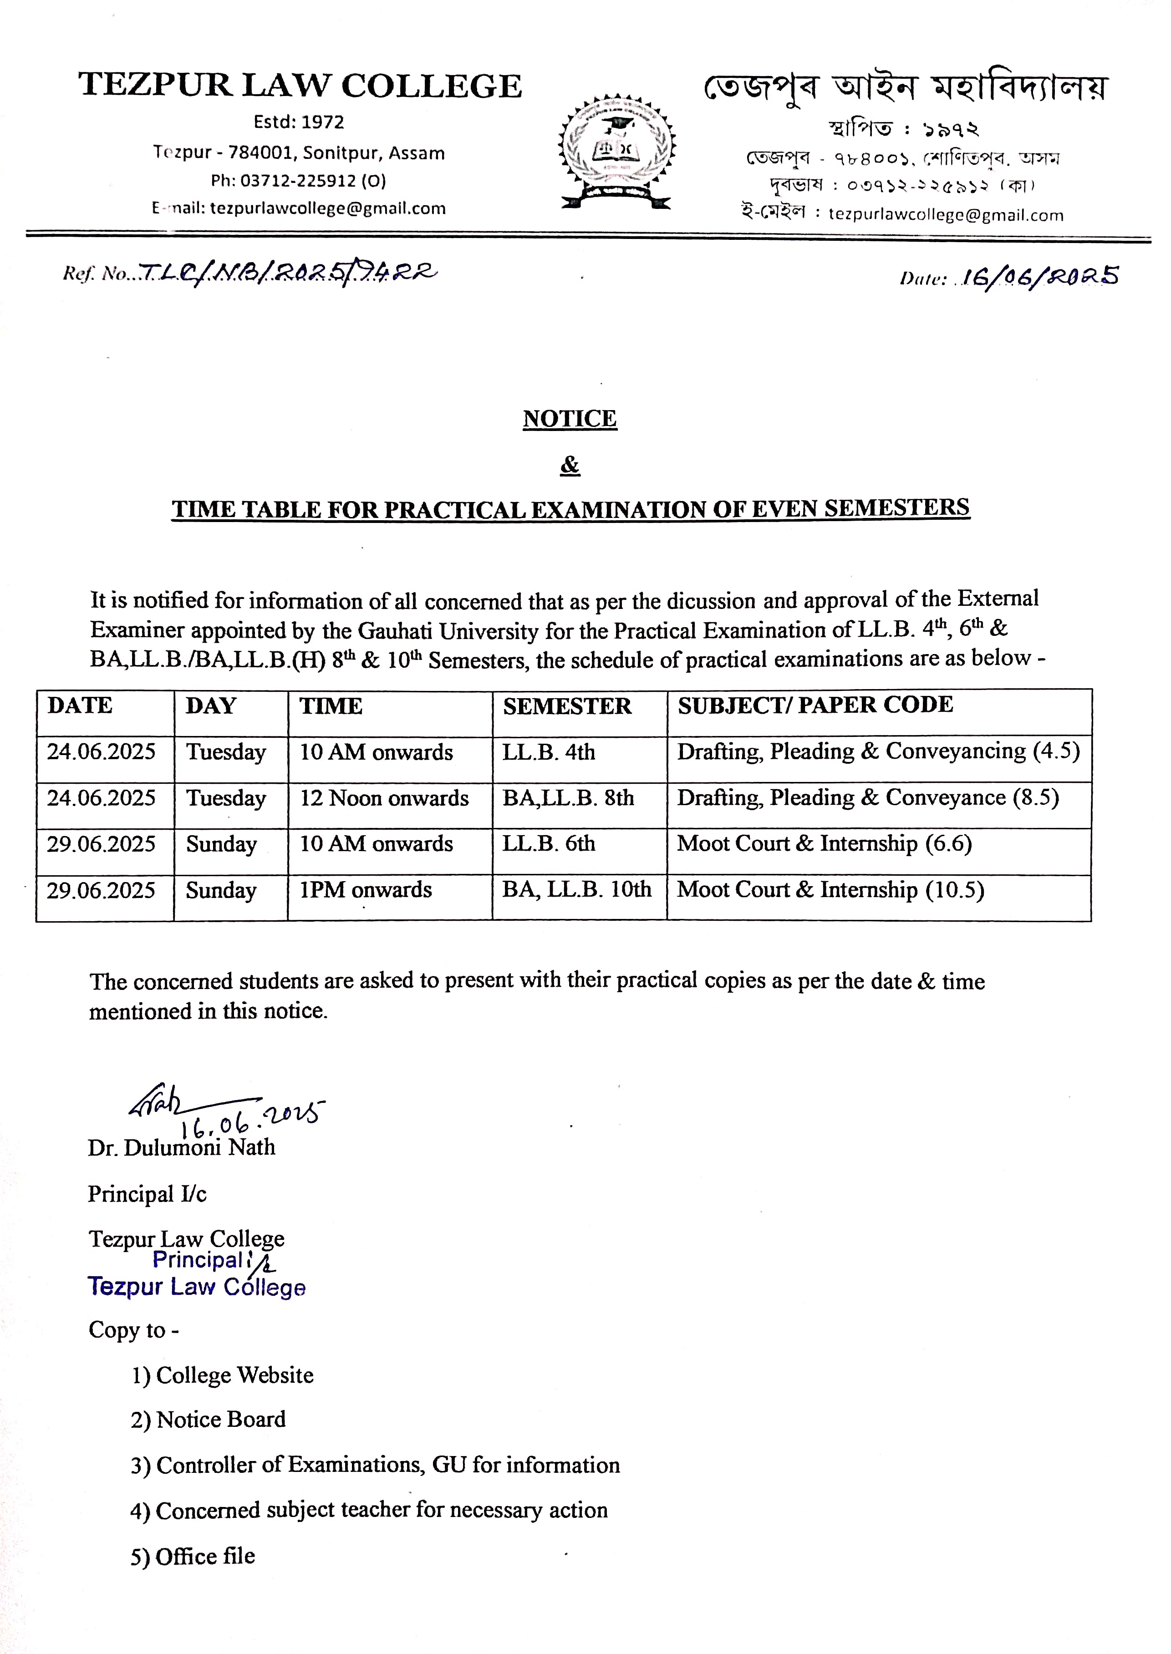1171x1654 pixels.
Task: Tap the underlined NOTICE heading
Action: (570, 419)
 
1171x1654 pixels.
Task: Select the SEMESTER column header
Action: (567, 706)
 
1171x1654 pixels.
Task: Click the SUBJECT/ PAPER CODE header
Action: (815, 705)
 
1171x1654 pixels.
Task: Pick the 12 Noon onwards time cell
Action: (384, 798)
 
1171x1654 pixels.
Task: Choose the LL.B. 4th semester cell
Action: (549, 752)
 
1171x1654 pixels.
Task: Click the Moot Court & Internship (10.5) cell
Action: (830, 890)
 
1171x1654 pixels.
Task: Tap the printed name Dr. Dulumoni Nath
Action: (182, 1147)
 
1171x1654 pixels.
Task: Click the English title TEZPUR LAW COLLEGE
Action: (300, 86)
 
